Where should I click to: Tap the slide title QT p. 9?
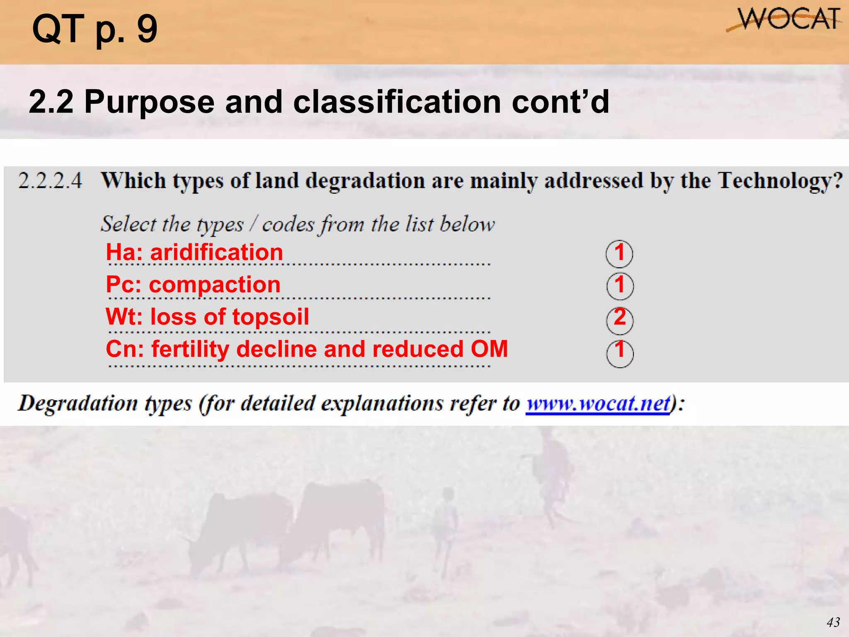(95, 29)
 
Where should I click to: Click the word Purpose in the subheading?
(149, 102)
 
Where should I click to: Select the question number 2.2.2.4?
(50, 181)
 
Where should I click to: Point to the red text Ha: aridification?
(194, 252)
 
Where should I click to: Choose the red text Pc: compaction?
(193, 284)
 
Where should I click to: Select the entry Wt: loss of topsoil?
(207, 317)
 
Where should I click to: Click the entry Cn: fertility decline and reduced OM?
(307, 349)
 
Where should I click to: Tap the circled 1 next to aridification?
(619, 253)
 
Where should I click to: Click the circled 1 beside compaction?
(620, 286)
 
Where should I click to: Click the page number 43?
(833, 622)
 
